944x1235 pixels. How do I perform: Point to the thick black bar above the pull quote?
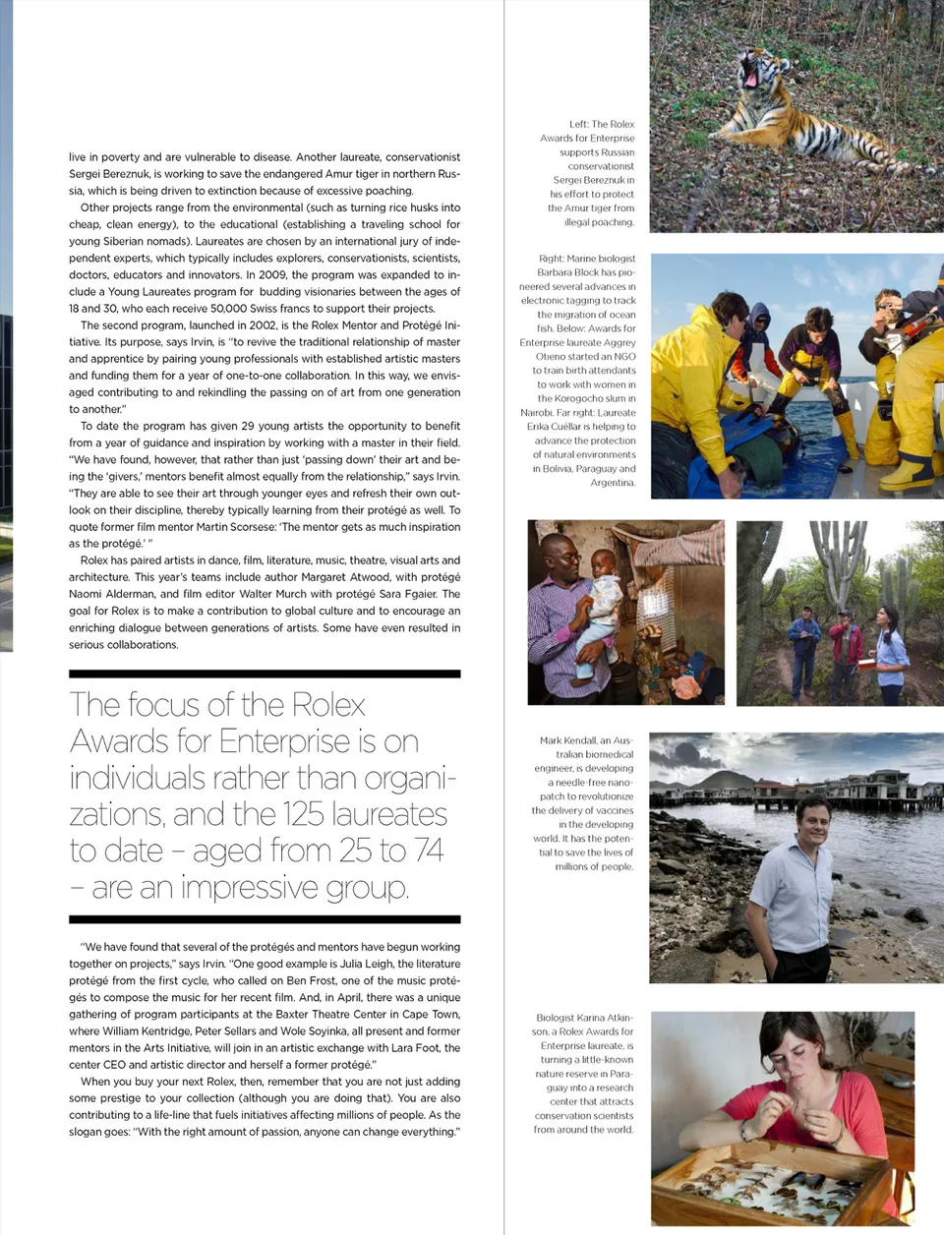click(x=265, y=675)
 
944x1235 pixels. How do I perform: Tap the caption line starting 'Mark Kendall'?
click(x=586, y=740)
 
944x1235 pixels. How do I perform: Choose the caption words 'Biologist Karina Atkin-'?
click(x=585, y=1018)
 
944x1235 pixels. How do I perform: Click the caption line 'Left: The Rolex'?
click(x=602, y=124)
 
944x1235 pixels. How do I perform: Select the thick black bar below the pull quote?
click(x=265, y=919)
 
